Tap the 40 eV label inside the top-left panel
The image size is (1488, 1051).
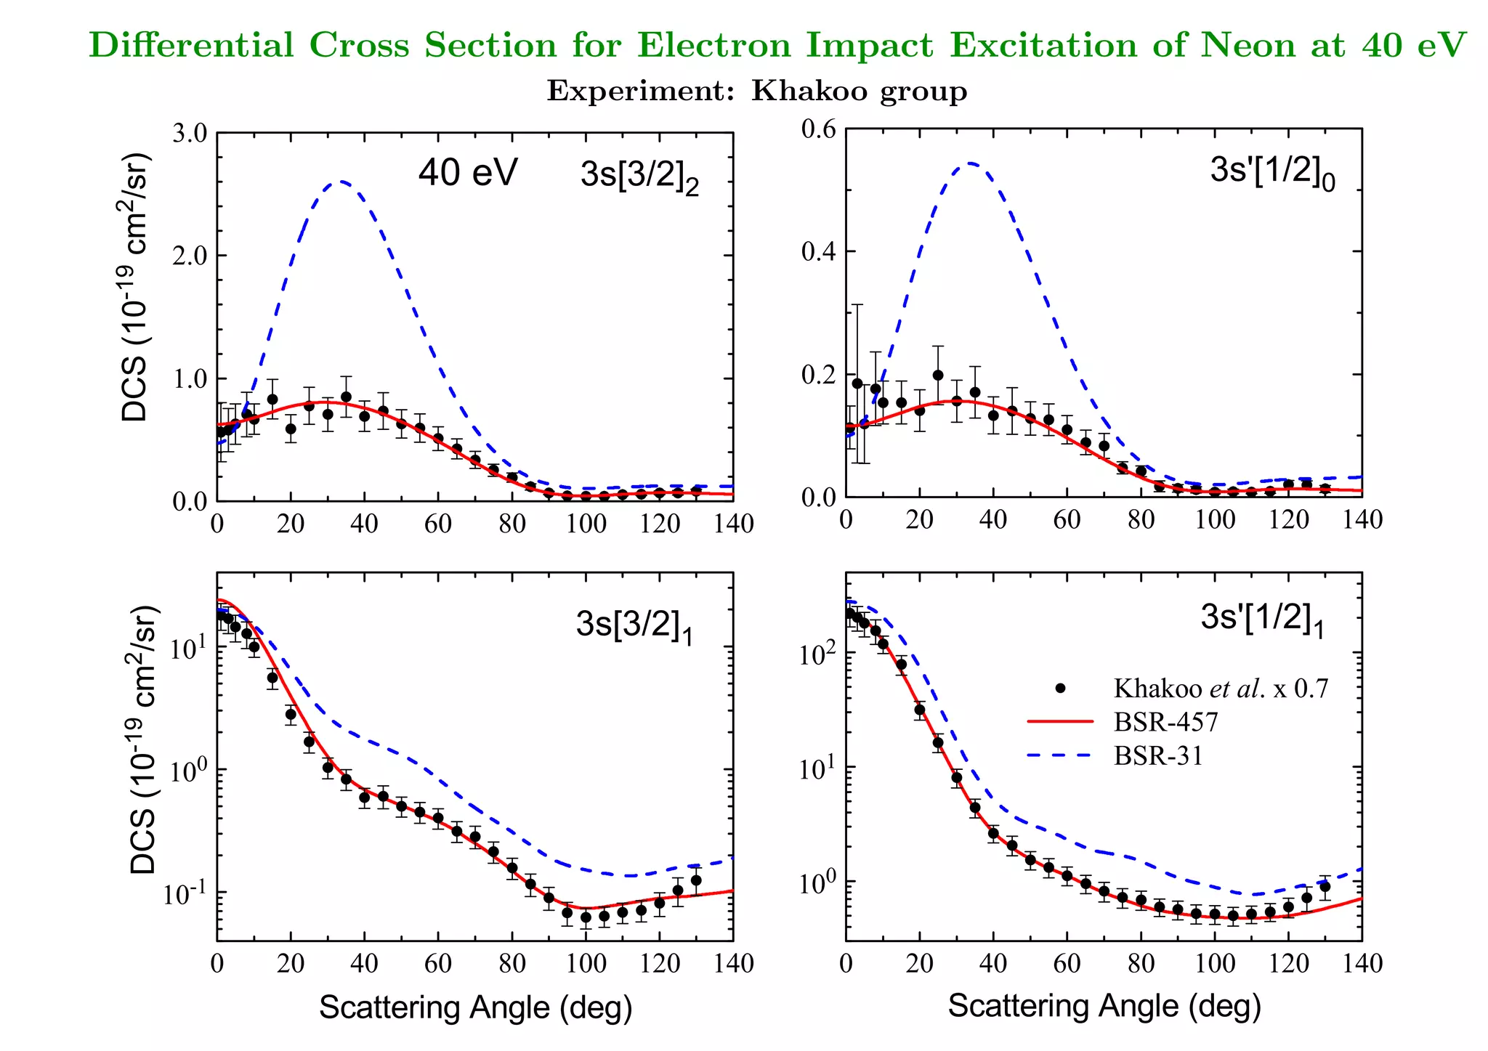click(467, 173)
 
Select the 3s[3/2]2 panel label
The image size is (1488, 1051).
click(639, 176)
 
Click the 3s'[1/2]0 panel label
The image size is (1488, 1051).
click(1272, 171)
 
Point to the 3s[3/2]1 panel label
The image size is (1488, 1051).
click(634, 625)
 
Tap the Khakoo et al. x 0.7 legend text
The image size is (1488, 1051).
click(1221, 688)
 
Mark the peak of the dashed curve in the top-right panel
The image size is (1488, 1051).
click(971, 163)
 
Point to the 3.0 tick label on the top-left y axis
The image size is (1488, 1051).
click(189, 134)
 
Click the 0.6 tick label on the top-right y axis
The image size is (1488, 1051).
click(819, 129)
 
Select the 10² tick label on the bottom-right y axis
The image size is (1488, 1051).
click(817, 654)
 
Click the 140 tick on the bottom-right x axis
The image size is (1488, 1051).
click(1362, 964)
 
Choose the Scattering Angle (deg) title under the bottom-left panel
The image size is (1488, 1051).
click(475, 1007)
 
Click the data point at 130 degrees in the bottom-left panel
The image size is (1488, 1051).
click(696, 880)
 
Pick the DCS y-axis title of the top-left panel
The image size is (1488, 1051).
click(137, 288)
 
